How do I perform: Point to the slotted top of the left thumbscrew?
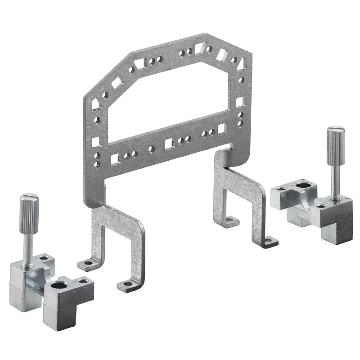coord(29,198)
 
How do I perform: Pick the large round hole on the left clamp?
coord(59,284)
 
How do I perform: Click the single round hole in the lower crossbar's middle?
coord(151,148)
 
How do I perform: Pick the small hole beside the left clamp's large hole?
coord(82,280)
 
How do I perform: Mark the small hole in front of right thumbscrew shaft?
coord(320,206)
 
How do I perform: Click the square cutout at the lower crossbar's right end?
coord(221,129)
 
